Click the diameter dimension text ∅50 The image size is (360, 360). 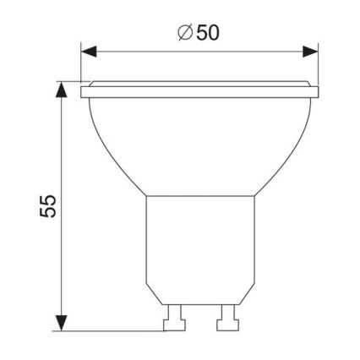click(x=200, y=33)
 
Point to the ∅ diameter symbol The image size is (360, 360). click(x=184, y=33)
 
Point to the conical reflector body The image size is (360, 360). click(x=200, y=144)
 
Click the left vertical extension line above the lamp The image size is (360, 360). click(x=82, y=63)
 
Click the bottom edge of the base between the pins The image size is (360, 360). click(x=200, y=306)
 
